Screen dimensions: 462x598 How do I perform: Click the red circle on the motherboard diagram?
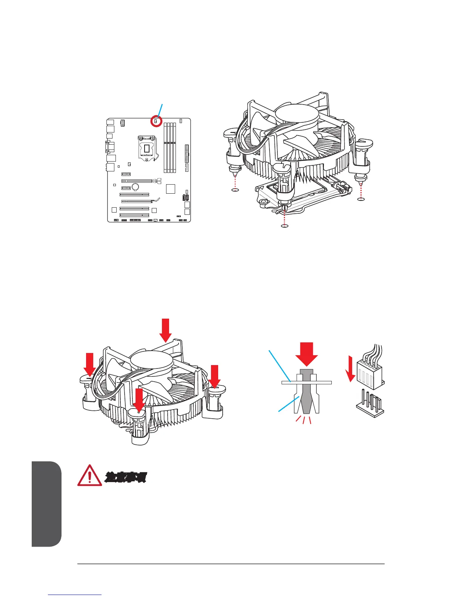pyautogui.click(x=156, y=122)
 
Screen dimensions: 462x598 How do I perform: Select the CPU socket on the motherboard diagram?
pyautogui.click(x=146, y=147)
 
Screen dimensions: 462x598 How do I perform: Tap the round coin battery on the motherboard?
pyautogui.click(x=136, y=186)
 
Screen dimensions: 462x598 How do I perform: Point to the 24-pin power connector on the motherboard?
pyautogui.click(x=187, y=153)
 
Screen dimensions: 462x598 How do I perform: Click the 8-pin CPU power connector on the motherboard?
pyautogui.click(x=122, y=123)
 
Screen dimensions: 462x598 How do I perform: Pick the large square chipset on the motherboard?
pyautogui.click(x=171, y=188)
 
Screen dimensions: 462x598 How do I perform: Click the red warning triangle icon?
pyautogui.click(x=89, y=476)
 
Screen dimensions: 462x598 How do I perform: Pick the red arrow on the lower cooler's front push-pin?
pyautogui.click(x=139, y=400)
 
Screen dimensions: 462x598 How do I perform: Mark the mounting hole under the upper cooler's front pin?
pyautogui.click(x=285, y=226)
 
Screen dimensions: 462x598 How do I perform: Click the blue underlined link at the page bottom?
pyautogui.click(x=75, y=595)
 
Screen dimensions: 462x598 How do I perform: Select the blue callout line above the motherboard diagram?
pyautogui.click(x=160, y=109)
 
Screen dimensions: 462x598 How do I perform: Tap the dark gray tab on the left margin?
pyautogui.click(x=46, y=504)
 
